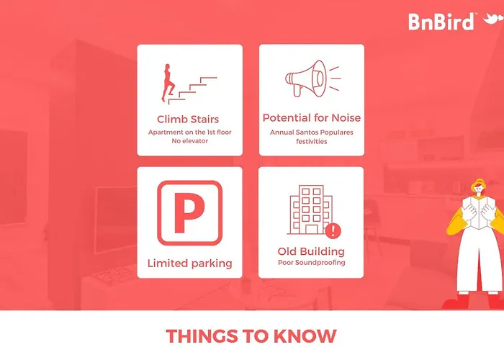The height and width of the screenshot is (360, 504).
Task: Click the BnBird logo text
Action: [x=441, y=22]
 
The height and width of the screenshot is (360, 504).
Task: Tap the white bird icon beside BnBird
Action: [x=493, y=19]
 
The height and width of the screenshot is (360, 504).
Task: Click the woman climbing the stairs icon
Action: [x=168, y=83]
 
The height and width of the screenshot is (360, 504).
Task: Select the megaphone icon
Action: [x=312, y=78]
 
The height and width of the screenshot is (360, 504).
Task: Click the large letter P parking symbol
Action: [x=189, y=213]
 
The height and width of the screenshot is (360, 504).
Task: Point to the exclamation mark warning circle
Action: [x=333, y=230]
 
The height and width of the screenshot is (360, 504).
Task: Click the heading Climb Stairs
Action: [x=188, y=120]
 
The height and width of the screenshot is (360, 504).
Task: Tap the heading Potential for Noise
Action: [x=312, y=118]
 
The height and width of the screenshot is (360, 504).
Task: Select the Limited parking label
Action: [x=189, y=264]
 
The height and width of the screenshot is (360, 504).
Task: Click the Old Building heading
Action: [x=311, y=251]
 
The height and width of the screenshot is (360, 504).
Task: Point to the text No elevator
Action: [x=189, y=141]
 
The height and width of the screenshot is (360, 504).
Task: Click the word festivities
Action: [x=312, y=141]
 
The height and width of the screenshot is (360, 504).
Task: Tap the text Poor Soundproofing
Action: [x=312, y=263]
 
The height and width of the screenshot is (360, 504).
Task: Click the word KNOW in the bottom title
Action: [x=305, y=336]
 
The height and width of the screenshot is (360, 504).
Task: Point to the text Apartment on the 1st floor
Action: [x=189, y=132]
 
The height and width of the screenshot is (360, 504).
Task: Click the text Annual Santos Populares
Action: [x=312, y=132]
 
